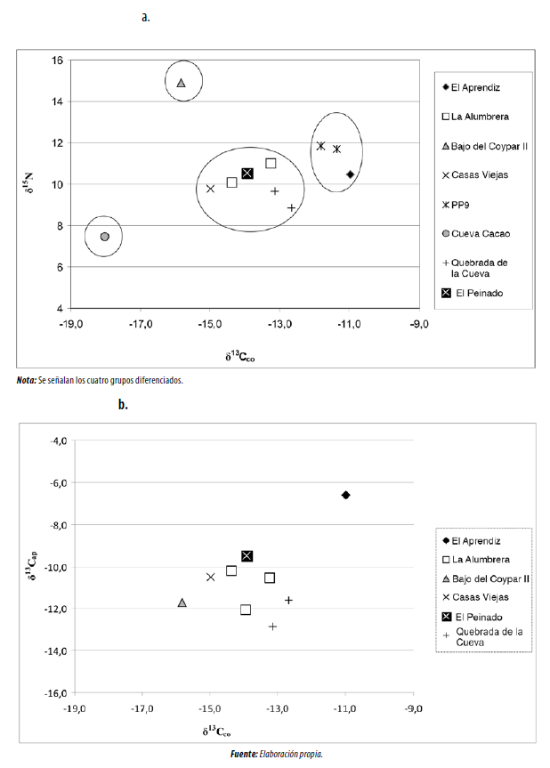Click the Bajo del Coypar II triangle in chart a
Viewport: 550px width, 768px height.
(181, 83)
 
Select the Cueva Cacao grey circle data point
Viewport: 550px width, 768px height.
(104, 237)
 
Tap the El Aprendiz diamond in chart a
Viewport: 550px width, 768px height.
(351, 174)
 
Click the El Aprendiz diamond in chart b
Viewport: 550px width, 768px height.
(345, 495)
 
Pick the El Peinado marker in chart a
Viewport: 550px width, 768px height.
(247, 173)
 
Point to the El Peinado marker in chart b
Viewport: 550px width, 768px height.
(247, 556)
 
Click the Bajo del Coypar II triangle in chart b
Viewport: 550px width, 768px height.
(182, 602)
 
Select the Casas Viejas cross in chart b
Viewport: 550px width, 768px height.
(211, 577)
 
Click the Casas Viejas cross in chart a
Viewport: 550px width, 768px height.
(211, 189)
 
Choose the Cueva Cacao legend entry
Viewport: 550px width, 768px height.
(481, 234)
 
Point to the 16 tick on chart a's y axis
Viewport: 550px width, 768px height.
(56, 61)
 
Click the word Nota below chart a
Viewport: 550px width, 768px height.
(28, 380)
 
